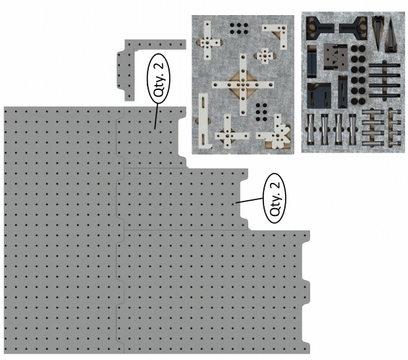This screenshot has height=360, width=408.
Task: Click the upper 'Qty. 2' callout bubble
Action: (158, 79)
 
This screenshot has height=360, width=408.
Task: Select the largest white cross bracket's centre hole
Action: (242, 84)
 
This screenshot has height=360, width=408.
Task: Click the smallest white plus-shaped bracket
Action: (265, 55)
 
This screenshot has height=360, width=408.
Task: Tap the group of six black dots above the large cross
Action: (239, 29)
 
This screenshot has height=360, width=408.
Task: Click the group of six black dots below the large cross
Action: (261, 112)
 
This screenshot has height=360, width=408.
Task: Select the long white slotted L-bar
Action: (203, 121)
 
